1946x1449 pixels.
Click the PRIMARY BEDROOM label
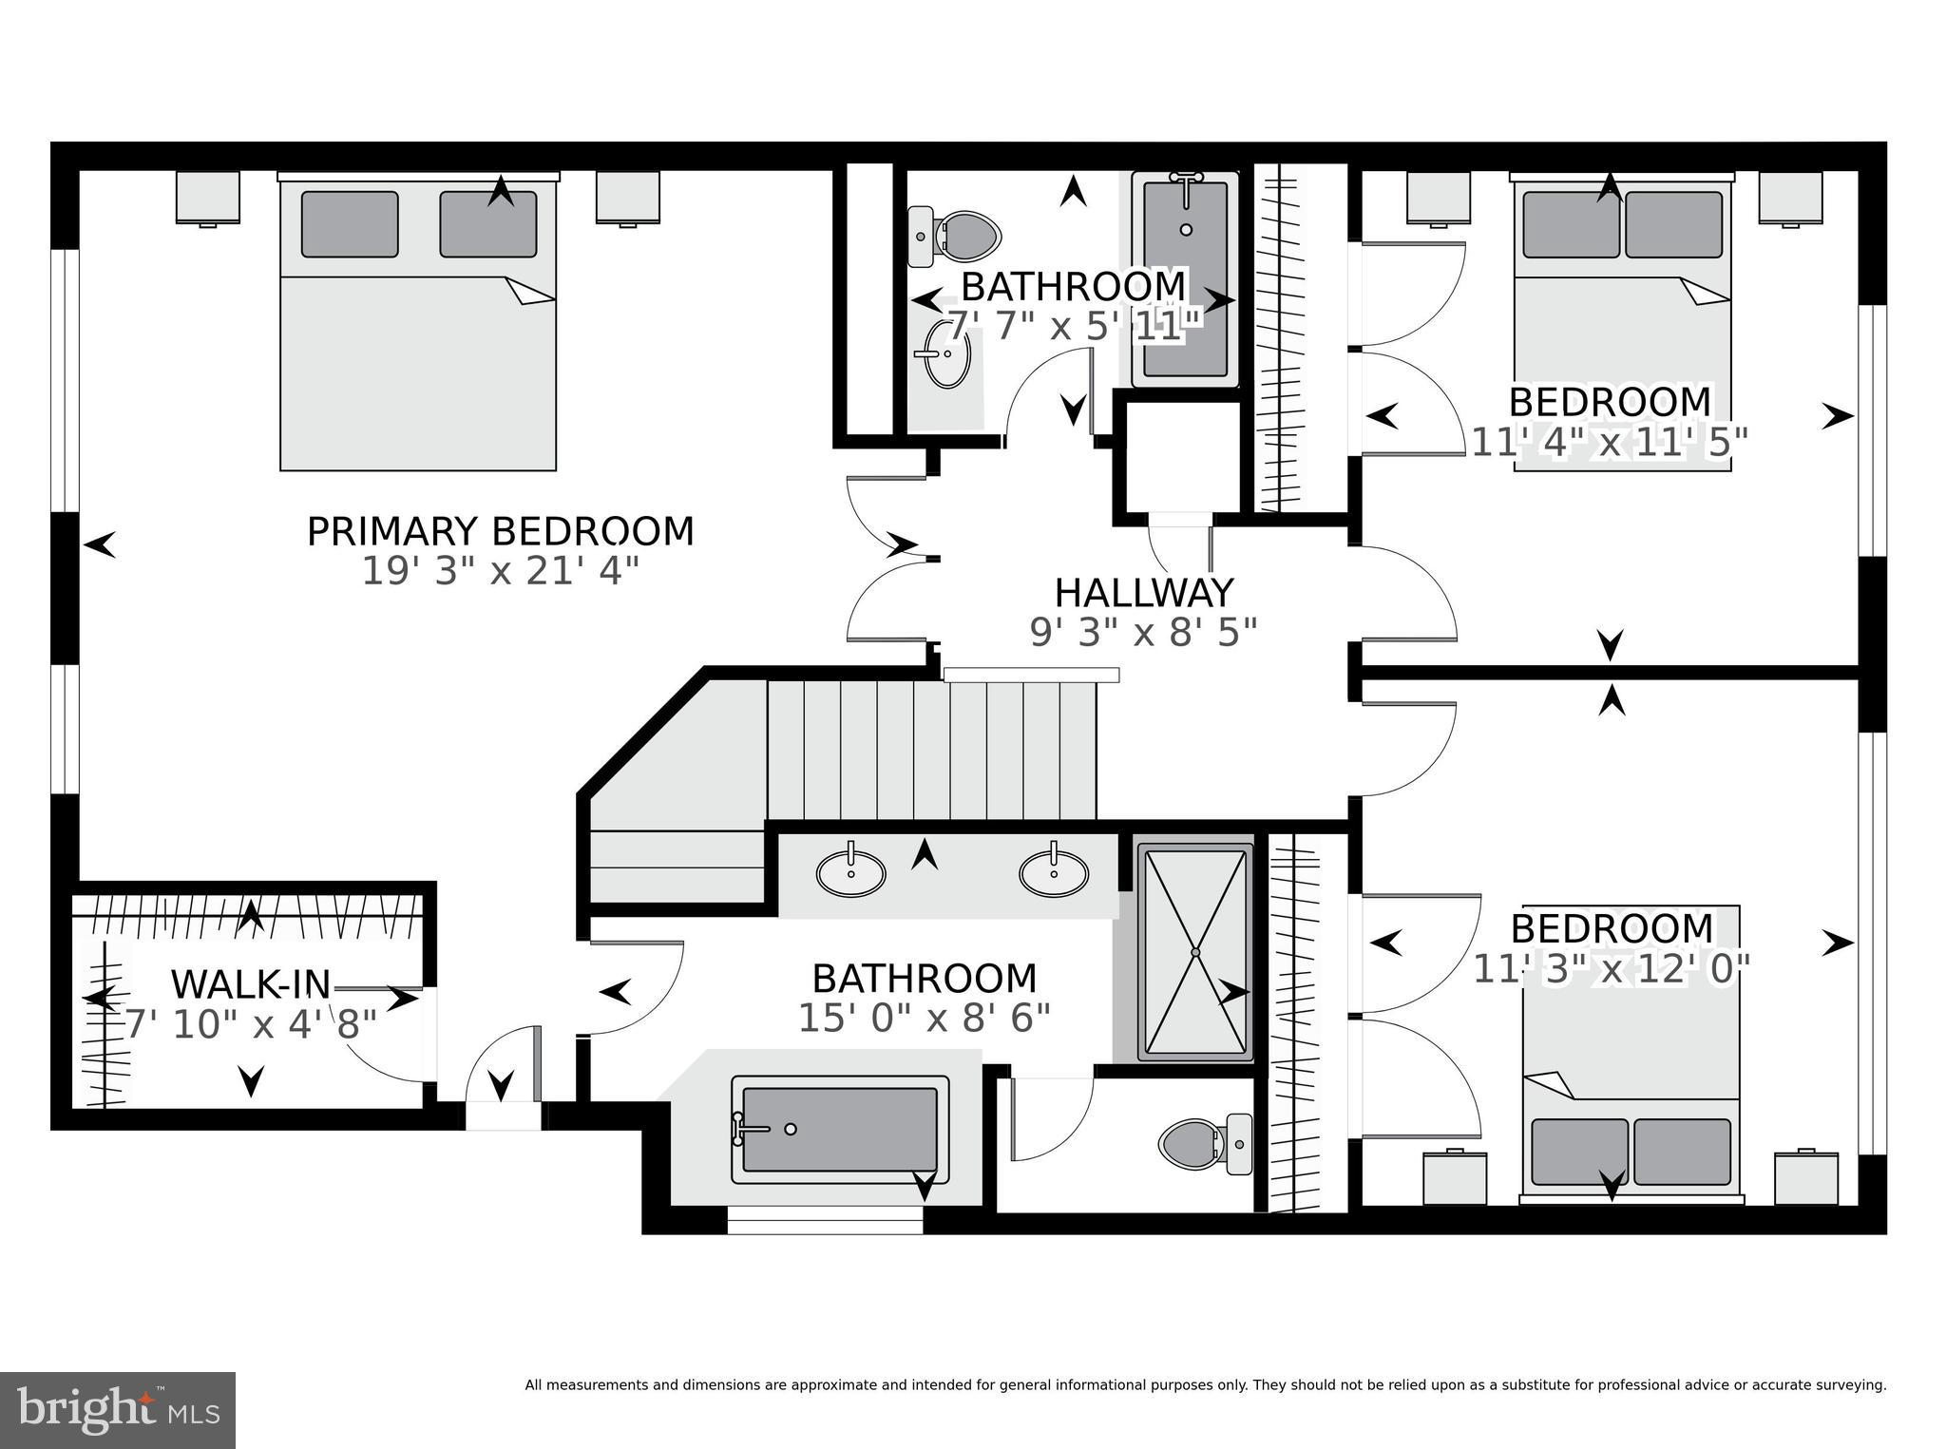pos(500,531)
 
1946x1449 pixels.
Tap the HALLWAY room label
pos(1143,593)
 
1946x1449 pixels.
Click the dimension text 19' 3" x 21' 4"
pos(500,572)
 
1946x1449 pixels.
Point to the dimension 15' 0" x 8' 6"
pos(924,1019)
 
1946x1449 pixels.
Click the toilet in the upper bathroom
pos(960,236)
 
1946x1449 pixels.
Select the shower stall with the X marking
pos(1195,952)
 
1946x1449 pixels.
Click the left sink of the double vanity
pos(851,873)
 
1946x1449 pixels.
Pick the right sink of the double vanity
pos(1053,873)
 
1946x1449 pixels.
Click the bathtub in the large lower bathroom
pos(840,1129)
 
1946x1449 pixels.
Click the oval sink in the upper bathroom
pos(946,353)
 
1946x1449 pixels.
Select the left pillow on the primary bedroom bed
pos(349,224)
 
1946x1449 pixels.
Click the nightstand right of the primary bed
pos(627,198)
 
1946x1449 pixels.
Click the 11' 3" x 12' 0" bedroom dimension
pos(1611,970)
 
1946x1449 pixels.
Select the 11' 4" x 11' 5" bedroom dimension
pos(1610,443)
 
